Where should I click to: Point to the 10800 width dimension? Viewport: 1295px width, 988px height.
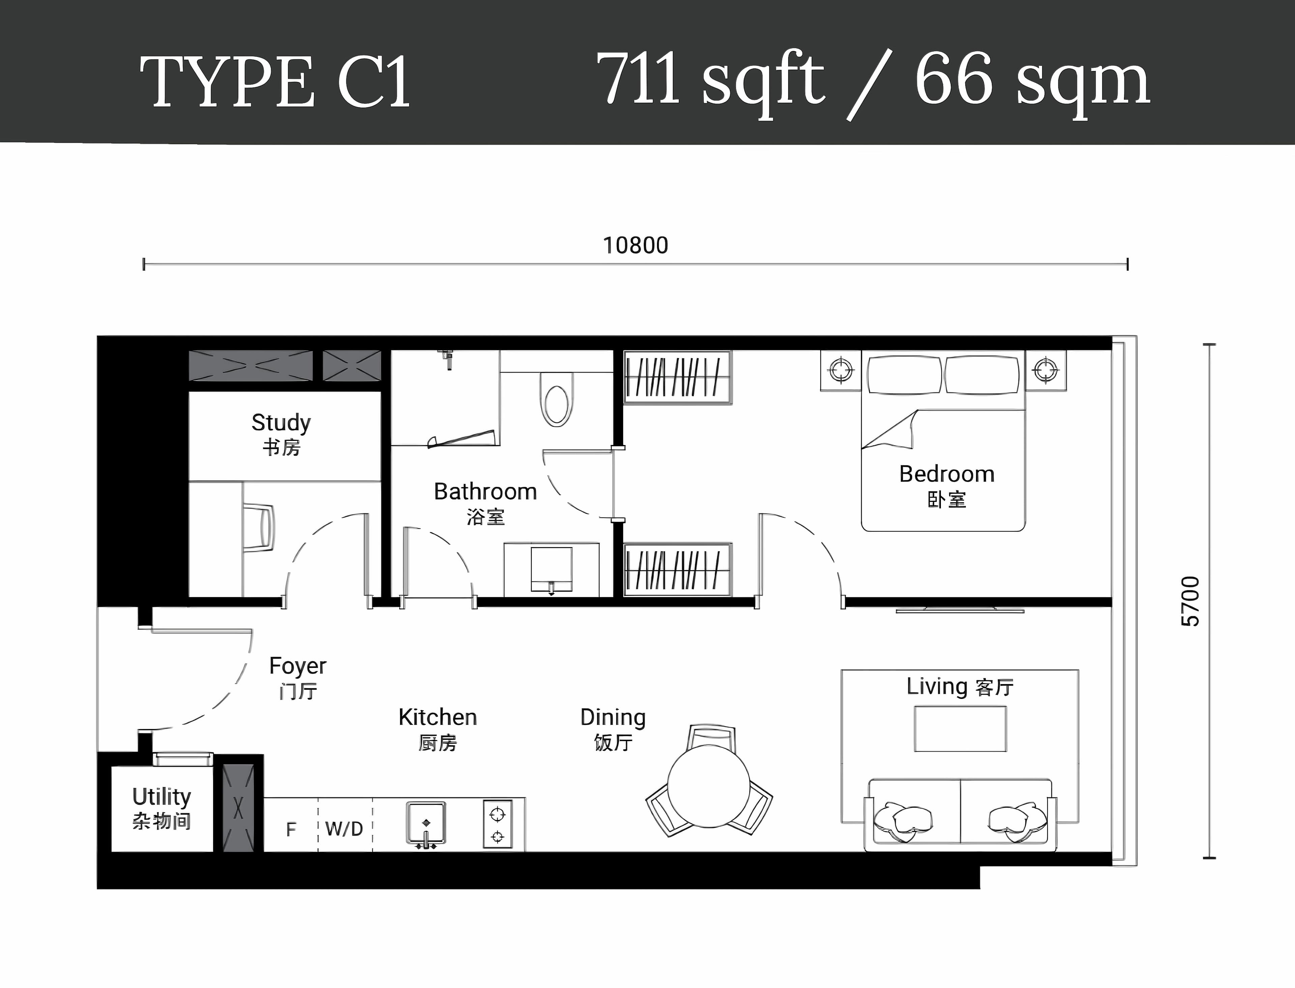pyautogui.click(x=635, y=245)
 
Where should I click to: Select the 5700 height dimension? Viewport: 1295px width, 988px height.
pyautogui.click(x=1190, y=601)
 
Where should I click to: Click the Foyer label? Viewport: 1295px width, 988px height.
pyautogui.click(x=297, y=677)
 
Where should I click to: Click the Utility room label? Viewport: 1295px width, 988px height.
pyautogui.click(x=162, y=809)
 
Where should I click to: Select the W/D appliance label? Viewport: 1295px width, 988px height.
pyautogui.click(x=344, y=829)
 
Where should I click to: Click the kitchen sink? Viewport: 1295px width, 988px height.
pyautogui.click(x=426, y=823)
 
